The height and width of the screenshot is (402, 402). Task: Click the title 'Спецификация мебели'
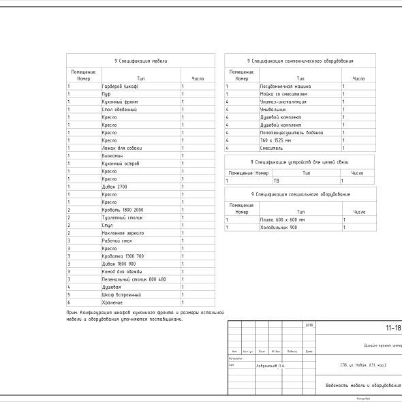[141, 61]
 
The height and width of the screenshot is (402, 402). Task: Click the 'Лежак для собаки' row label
[119, 148]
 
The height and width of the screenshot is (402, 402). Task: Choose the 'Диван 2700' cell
[114, 186]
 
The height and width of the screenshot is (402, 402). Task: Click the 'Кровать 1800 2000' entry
[123, 209]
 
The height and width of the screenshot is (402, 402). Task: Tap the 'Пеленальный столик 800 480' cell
[134, 279]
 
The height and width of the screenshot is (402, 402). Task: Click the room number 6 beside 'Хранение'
[69, 302]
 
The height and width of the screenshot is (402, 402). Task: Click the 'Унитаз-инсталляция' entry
[283, 102]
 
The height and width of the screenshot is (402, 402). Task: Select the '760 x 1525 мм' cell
[275, 140]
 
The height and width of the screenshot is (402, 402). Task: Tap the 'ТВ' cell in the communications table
[277, 181]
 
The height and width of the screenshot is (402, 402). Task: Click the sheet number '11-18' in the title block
[392, 328]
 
